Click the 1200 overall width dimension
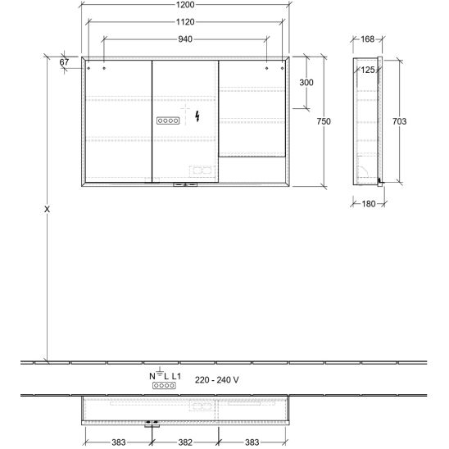(185, 5)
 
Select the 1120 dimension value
(185, 22)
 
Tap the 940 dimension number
(185, 39)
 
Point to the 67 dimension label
(64, 61)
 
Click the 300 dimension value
(306, 83)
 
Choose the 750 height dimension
(324, 121)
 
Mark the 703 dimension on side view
(399, 121)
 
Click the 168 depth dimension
(367, 39)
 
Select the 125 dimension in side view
(368, 70)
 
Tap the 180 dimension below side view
(368, 204)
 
